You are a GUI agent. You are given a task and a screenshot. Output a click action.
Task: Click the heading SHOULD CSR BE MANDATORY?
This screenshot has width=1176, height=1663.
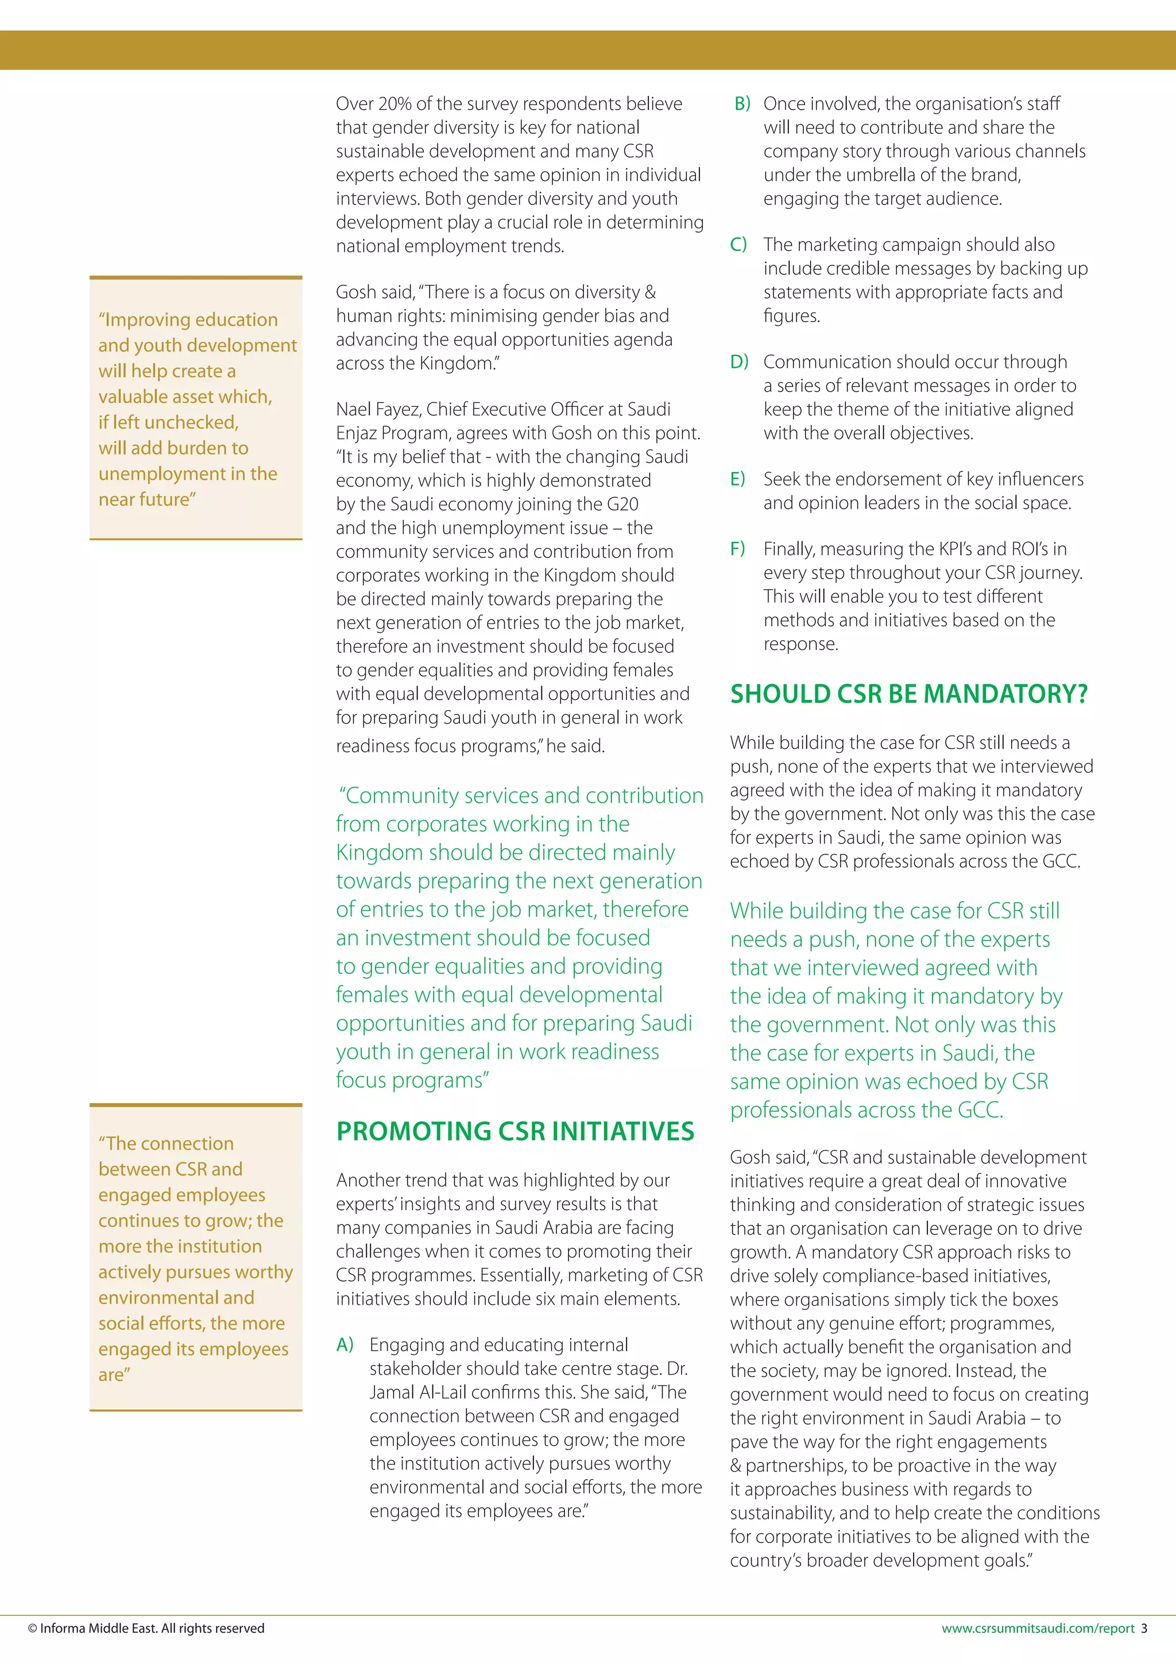click(908, 694)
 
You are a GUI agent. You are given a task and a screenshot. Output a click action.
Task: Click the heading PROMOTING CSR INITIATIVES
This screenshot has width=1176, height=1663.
click(515, 1131)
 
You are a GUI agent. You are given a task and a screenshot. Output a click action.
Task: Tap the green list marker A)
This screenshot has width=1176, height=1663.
click(345, 1345)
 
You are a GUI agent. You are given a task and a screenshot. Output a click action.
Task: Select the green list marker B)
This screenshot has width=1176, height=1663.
click(742, 103)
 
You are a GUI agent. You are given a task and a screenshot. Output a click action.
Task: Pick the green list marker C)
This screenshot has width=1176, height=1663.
click(738, 244)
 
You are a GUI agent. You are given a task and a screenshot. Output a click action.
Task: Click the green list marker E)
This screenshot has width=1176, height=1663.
click(737, 479)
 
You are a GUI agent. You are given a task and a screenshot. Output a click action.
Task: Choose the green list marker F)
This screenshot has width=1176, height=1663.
click(737, 548)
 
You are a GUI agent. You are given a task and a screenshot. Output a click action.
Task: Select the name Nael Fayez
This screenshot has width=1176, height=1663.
click(377, 409)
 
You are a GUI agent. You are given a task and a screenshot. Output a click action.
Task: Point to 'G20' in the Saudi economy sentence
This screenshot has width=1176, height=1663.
click(622, 504)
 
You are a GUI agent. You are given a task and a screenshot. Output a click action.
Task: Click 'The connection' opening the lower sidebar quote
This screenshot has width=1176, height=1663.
click(167, 1143)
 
